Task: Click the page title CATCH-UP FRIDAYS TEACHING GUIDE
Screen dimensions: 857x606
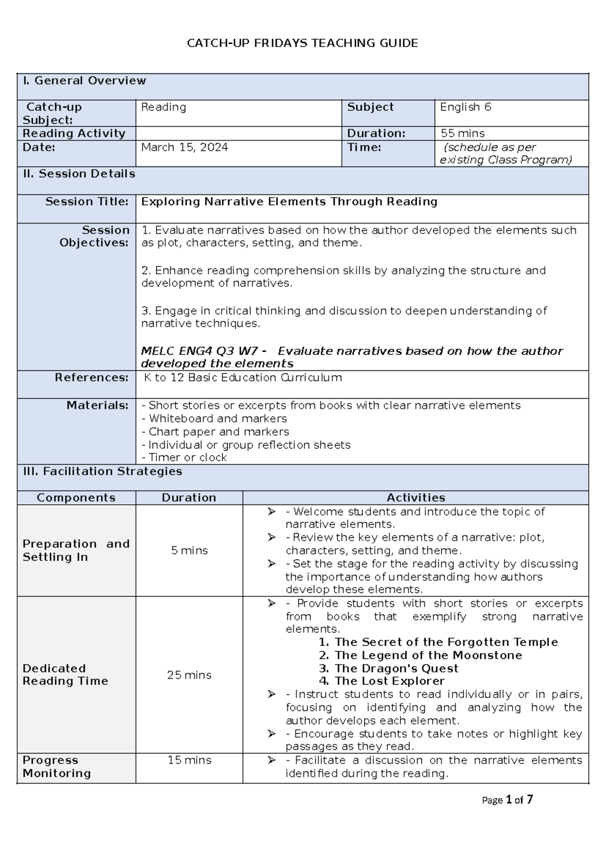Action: pos(302,43)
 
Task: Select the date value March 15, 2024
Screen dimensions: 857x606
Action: pos(184,148)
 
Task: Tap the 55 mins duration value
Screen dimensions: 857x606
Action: pos(462,133)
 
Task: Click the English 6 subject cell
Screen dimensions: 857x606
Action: pos(465,107)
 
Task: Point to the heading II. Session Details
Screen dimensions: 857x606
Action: pos(79,174)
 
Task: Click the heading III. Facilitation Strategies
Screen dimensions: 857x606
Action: pos(103,471)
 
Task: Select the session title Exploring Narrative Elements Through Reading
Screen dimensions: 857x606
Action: pos(289,202)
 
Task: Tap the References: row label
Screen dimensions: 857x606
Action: pos(91,377)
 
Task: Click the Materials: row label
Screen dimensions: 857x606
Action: pos(97,405)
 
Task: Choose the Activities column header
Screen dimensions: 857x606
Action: pos(416,498)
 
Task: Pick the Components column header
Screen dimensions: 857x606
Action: pos(76,498)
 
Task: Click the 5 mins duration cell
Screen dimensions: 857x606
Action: pos(189,550)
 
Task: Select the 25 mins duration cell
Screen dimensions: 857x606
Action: pos(189,675)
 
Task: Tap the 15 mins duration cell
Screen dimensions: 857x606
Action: pos(189,760)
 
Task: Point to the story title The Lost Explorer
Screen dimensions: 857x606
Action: pos(389,681)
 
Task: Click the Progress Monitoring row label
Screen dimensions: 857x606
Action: pos(57,767)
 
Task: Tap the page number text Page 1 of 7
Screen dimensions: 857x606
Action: pos(508,800)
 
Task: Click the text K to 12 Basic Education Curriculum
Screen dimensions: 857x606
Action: pos(243,377)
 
